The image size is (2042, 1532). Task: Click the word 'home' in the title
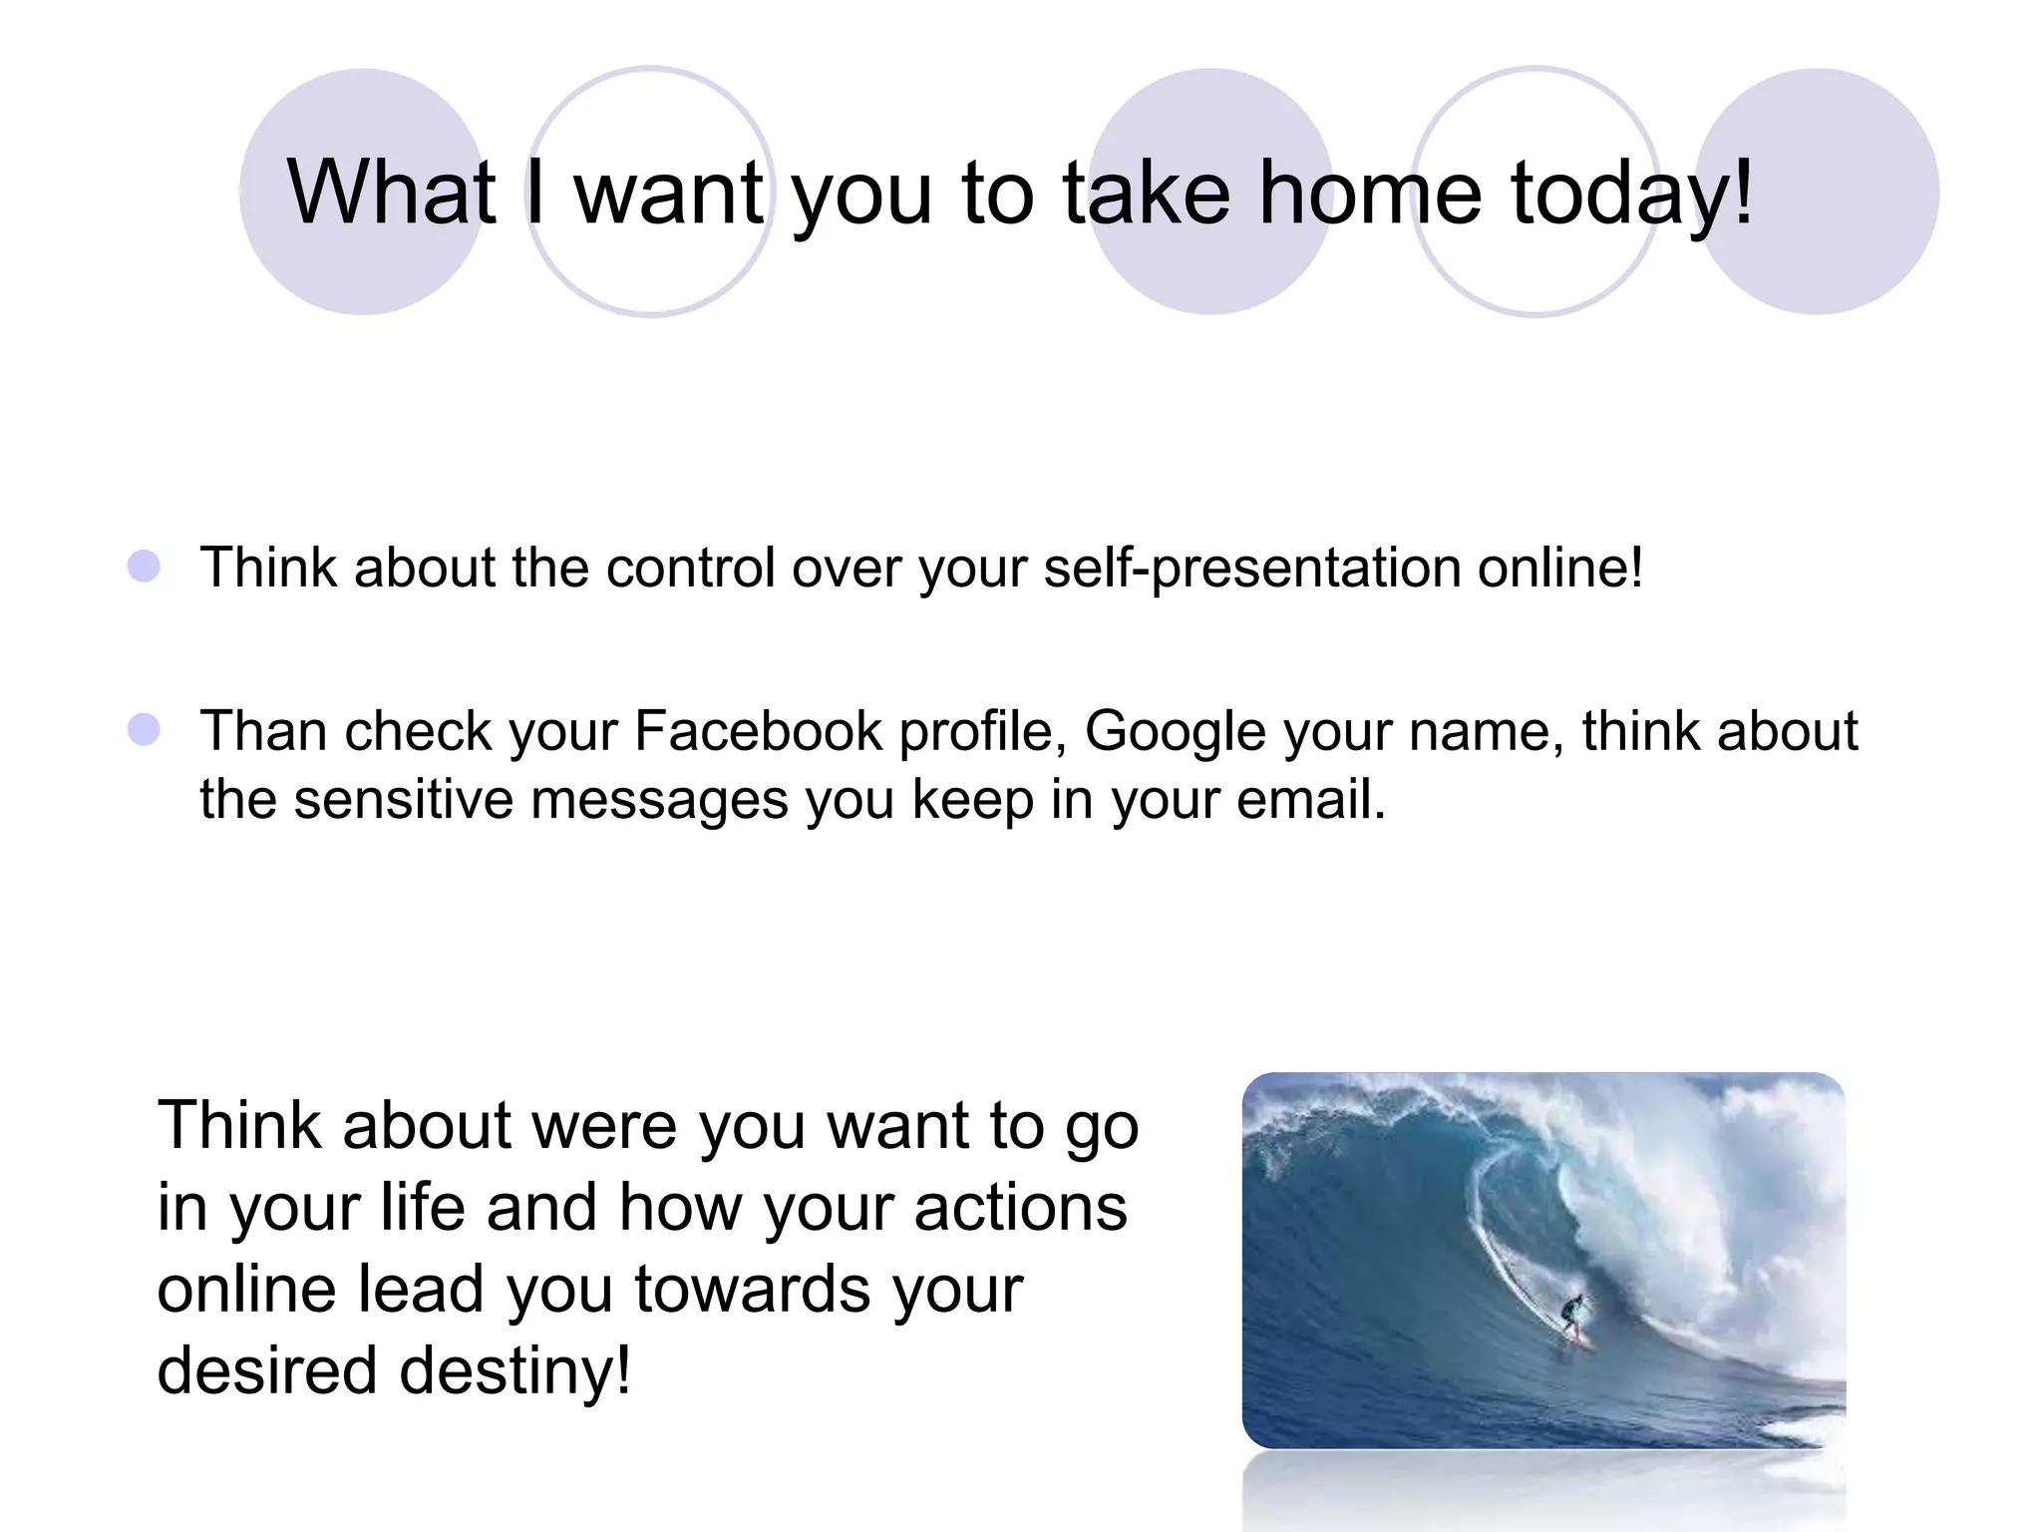pos(1370,191)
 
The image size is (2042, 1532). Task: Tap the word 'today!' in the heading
pos(1631,191)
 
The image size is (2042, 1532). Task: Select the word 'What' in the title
pos(391,191)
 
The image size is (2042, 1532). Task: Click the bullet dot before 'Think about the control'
pos(145,567)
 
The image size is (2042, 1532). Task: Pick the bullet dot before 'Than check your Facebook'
pos(145,729)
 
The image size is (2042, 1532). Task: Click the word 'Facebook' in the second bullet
pos(758,730)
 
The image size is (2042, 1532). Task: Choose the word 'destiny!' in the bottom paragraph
pos(514,1370)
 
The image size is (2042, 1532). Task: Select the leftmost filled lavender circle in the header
pos(362,191)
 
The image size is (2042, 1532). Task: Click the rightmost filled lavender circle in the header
pos(1817,191)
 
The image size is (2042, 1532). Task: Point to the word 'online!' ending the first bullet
pos(1559,567)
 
